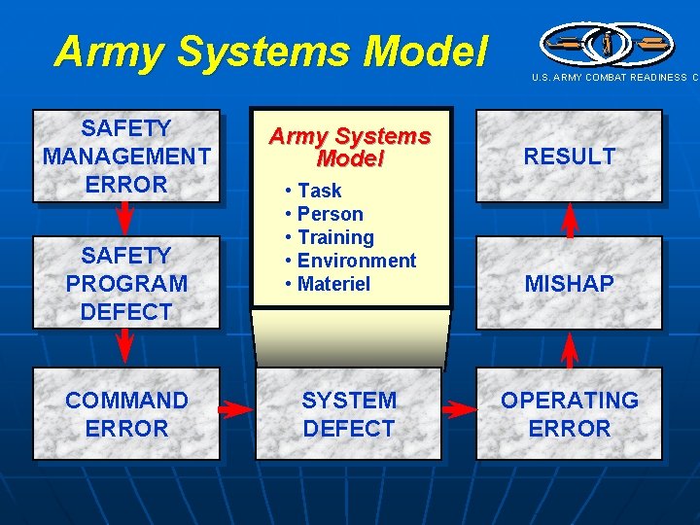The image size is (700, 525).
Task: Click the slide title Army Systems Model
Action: tap(269, 52)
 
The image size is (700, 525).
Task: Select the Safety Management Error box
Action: tap(126, 156)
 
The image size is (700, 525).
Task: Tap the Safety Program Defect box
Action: tap(126, 284)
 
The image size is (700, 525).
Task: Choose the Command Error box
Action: tap(126, 414)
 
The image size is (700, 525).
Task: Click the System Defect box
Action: tap(349, 414)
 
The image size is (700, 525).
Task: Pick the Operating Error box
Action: tap(569, 414)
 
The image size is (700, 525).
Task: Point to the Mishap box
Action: tap(569, 284)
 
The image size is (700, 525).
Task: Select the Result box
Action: tap(569, 156)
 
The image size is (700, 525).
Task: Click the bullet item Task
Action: tap(319, 191)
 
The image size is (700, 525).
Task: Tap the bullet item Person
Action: tap(330, 214)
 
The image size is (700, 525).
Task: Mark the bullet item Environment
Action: tap(356, 261)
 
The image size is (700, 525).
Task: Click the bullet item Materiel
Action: tap(333, 284)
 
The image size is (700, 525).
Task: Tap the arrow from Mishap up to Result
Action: tap(570, 220)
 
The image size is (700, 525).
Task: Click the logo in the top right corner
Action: tap(605, 44)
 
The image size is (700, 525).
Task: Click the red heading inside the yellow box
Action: tap(349, 147)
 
